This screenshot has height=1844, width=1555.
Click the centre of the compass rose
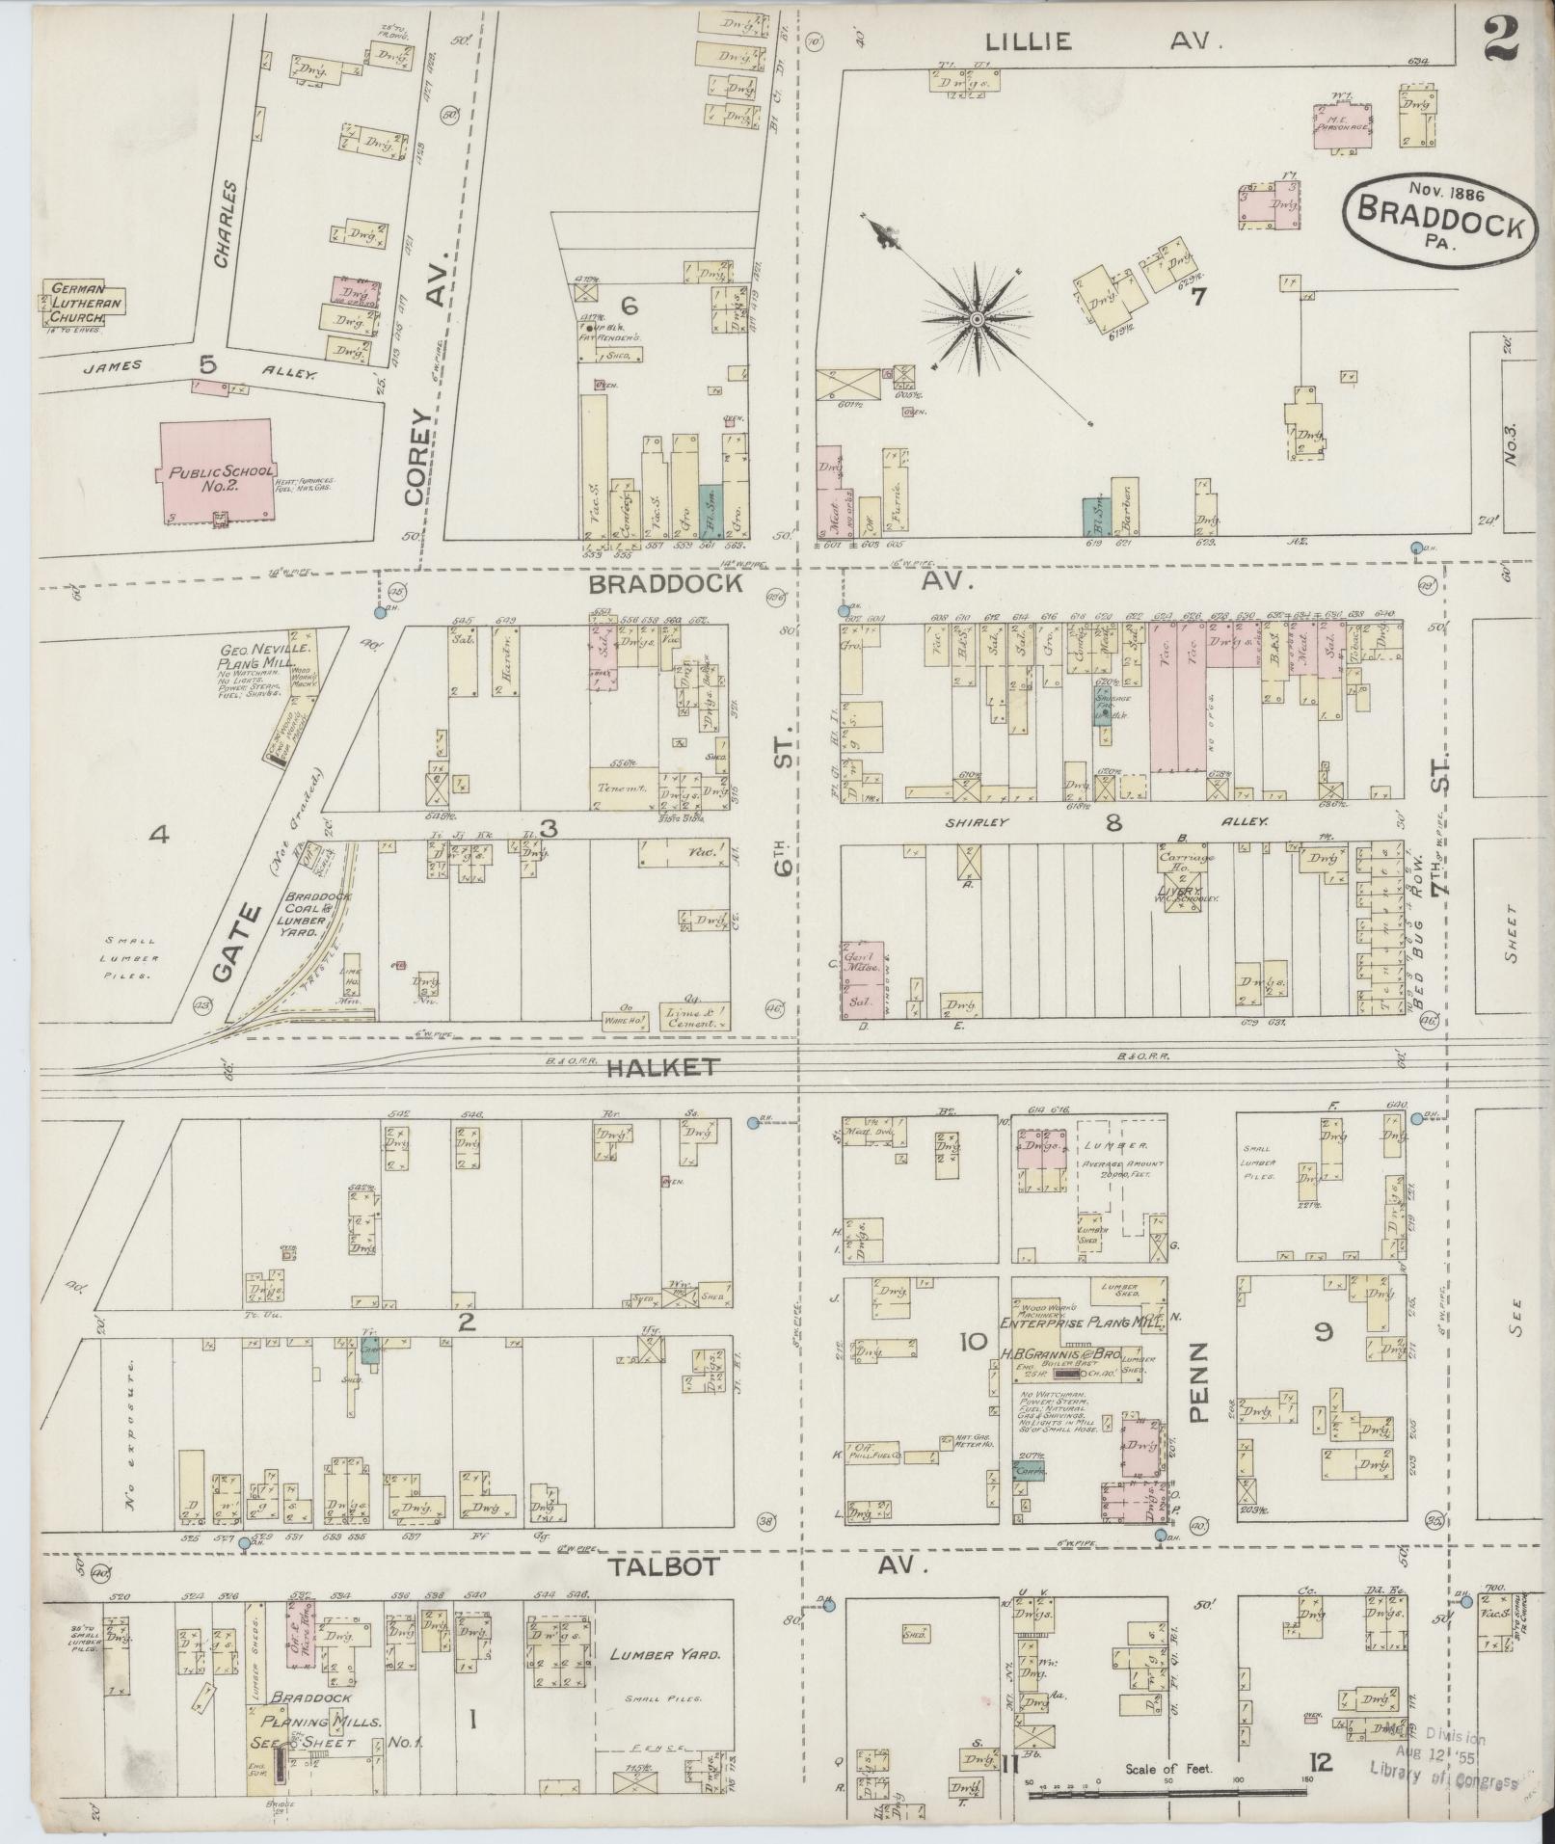coord(977,318)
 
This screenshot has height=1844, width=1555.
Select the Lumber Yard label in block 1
coord(665,1653)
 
